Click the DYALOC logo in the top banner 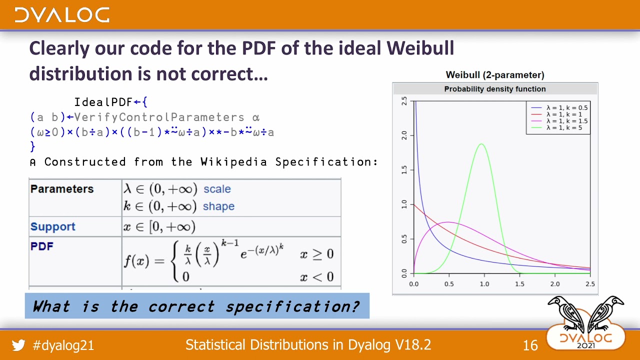(62, 15)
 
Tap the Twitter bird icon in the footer (18, 345)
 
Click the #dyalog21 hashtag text (63, 345)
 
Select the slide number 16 (530, 345)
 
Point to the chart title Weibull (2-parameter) (494, 75)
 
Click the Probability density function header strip (494, 89)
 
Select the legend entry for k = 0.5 (566, 107)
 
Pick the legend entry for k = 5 (563, 128)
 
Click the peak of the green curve (481, 144)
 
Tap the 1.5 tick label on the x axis (519, 284)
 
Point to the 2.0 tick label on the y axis (404, 135)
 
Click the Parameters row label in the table (62, 189)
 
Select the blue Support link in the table (52, 226)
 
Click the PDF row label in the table (41, 246)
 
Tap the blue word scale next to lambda (217, 189)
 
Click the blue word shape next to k (218, 206)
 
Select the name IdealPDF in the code (103, 102)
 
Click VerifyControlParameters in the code (159, 117)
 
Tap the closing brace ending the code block (33, 146)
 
